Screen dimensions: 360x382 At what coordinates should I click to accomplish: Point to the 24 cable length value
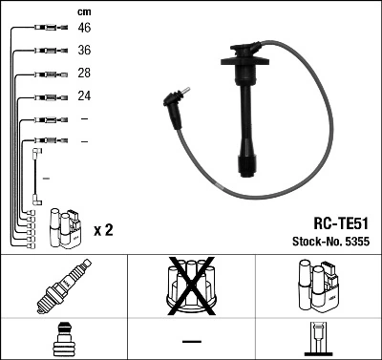[84, 96]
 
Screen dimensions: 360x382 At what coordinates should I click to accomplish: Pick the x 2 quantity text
[103, 230]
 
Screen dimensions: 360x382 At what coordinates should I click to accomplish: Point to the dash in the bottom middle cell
[192, 341]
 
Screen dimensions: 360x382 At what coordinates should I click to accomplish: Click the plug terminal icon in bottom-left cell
[62, 341]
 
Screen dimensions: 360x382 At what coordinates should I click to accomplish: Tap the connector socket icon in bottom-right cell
[318, 341]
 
